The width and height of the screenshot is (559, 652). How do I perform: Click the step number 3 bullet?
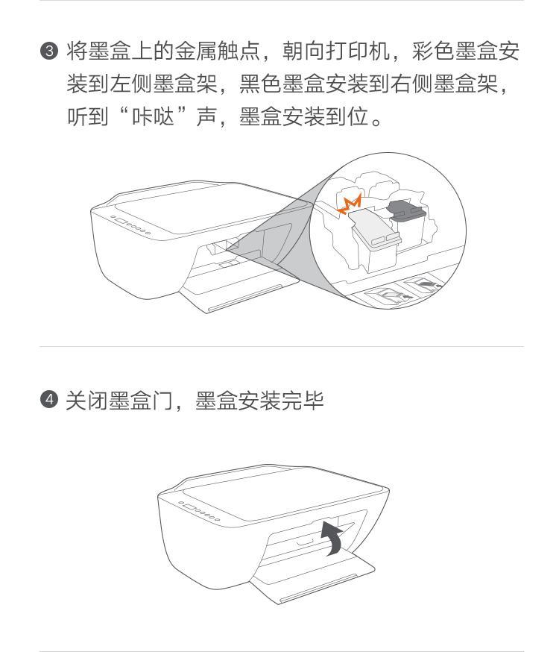tap(49, 51)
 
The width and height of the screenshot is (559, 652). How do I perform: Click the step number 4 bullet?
tap(49, 400)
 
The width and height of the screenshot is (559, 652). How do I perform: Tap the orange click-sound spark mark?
tap(350, 204)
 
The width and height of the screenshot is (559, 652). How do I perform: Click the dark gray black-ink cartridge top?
tap(405, 209)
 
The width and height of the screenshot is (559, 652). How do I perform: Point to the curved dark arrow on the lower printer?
tap(332, 537)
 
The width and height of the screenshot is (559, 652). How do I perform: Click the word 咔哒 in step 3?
tap(154, 116)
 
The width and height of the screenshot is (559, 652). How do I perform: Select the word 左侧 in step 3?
tap(132, 84)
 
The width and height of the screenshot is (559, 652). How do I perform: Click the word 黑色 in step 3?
tap(261, 84)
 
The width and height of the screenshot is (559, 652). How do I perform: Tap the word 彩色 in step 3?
tap(433, 51)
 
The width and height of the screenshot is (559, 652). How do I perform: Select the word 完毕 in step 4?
tap(303, 401)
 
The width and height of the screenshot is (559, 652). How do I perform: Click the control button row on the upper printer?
tap(130, 225)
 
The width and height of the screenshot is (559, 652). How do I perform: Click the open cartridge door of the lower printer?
tap(314, 576)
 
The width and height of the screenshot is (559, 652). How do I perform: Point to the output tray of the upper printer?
tap(240, 291)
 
